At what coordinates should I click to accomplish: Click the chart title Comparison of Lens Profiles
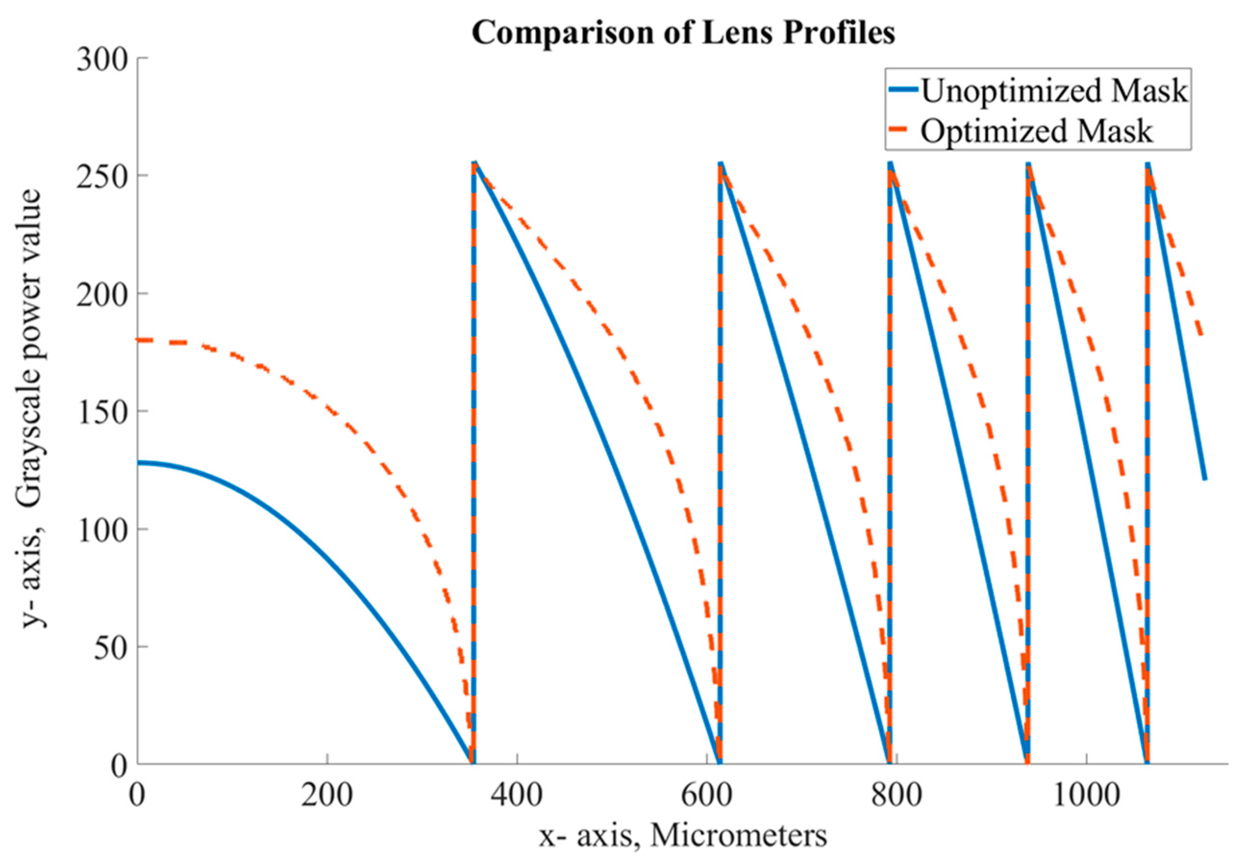pos(683,34)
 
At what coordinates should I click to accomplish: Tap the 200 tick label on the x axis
pos(327,795)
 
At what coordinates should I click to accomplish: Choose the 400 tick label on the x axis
pos(517,795)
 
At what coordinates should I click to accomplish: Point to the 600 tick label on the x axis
pos(706,795)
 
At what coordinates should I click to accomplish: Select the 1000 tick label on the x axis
pos(1086,795)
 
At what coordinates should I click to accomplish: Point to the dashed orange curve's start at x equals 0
pos(139,340)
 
